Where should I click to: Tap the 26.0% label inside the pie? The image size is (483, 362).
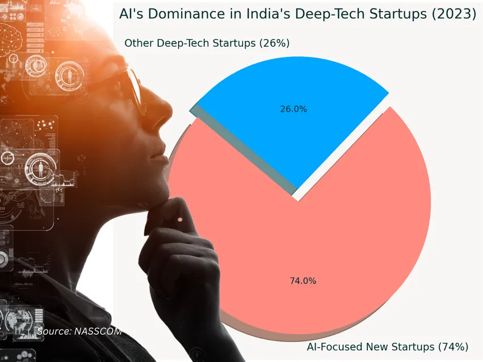click(293, 109)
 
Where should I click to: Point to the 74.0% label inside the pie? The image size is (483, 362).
click(303, 280)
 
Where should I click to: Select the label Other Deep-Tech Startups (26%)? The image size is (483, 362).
click(207, 43)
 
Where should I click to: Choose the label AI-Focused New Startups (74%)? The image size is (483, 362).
click(387, 346)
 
